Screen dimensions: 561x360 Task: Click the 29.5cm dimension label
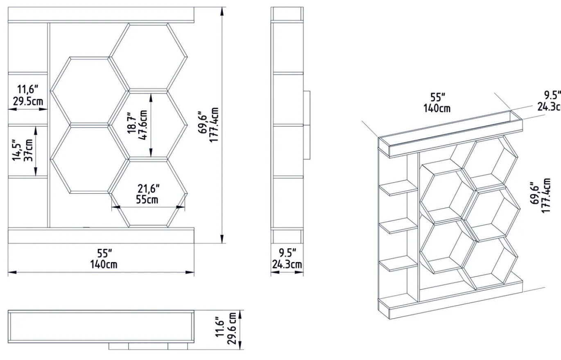[28, 101]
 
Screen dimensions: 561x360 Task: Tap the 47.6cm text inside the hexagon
[142, 125]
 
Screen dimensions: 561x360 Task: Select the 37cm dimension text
[29, 150]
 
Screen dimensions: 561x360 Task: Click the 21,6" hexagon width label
[149, 188]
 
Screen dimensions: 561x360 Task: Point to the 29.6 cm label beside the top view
[232, 328]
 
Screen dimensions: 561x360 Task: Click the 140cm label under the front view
[104, 264]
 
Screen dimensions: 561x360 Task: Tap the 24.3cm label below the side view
[287, 264]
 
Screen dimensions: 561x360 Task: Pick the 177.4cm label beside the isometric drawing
[546, 195]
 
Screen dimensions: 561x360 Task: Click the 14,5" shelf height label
[17, 150]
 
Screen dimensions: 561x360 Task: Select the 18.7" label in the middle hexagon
[131, 125]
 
